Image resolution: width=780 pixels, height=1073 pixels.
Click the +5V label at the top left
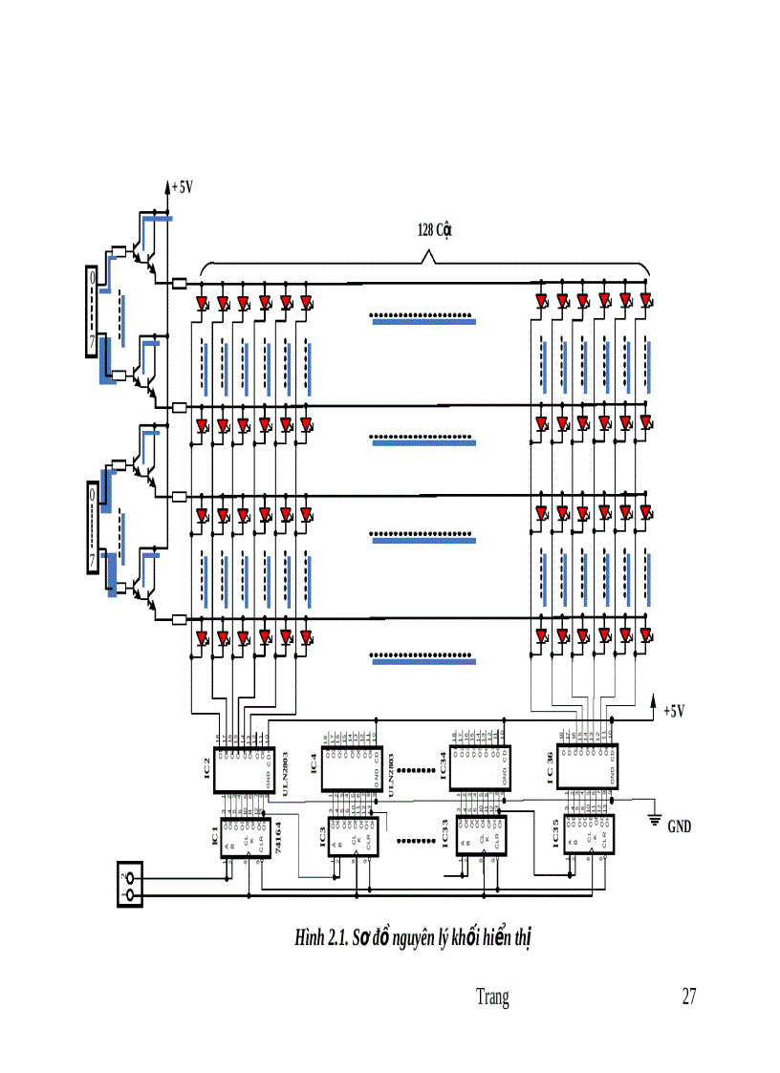coord(183,187)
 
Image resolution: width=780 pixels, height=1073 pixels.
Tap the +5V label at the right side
coord(675,711)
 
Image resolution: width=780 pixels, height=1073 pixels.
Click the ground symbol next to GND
coord(656,817)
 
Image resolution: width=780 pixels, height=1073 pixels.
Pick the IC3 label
coord(322,838)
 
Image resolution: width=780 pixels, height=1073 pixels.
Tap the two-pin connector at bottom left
coord(129,884)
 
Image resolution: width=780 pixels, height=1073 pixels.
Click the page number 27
coord(688,998)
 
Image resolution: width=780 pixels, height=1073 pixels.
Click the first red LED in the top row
coord(202,304)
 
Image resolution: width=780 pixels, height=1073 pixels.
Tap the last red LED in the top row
coord(646,302)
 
